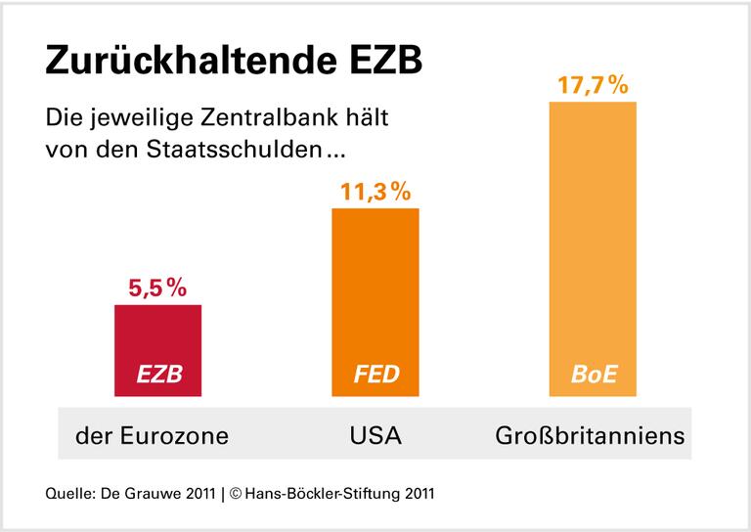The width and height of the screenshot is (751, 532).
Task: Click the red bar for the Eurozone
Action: point(157,337)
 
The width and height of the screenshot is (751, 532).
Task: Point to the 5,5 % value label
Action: point(157,288)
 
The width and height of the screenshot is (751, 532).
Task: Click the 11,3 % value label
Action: point(375,193)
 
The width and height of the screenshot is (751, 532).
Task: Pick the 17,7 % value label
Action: point(593,85)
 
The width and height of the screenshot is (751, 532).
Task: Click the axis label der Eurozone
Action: point(152,434)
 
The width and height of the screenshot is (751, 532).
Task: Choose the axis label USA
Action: point(375,434)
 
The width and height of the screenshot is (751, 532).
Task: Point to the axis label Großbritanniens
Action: point(590,434)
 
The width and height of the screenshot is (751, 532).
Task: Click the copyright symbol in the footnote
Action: point(237,493)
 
